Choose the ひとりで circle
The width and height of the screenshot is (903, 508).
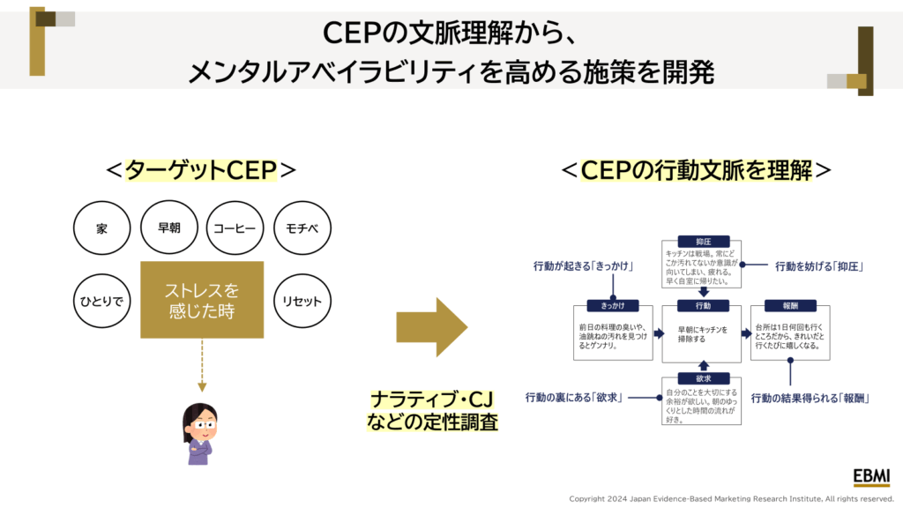click(102, 301)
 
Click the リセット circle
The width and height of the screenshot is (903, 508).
click(302, 301)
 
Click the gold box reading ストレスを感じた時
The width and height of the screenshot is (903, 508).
click(202, 300)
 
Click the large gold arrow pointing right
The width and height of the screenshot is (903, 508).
click(431, 325)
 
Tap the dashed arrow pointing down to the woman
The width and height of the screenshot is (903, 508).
click(202, 366)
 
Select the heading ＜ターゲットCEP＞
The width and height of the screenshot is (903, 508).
click(202, 169)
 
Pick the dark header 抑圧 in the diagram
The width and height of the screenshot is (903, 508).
click(703, 241)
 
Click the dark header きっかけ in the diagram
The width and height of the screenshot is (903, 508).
click(614, 305)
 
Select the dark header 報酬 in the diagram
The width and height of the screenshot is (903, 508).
click(790, 305)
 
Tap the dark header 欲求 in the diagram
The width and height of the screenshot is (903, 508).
click(703, 378)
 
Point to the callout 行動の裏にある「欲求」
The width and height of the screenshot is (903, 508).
click(574, 398)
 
